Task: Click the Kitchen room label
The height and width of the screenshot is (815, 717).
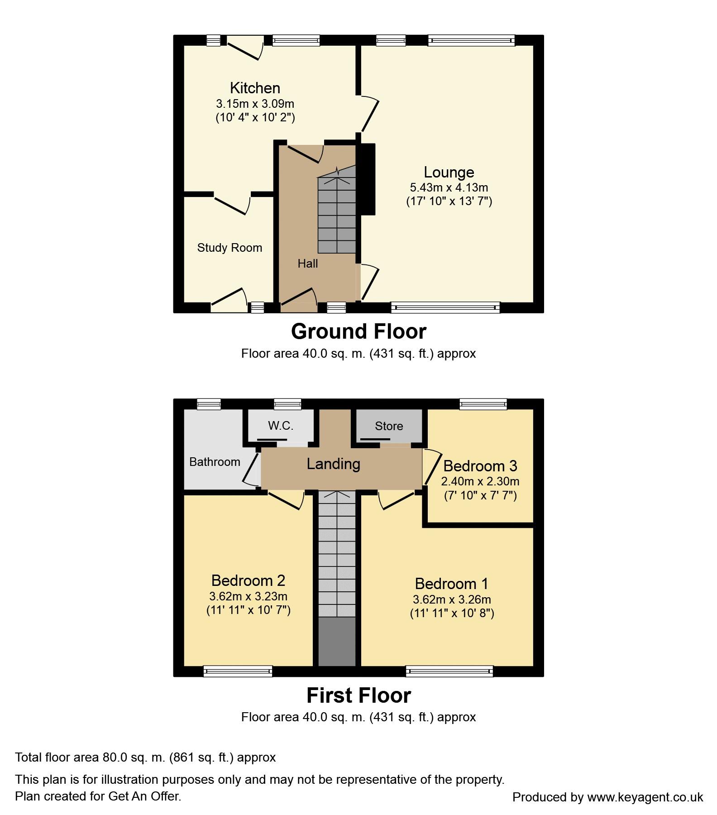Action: (255, 88)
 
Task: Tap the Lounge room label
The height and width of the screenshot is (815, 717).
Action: (449, 172)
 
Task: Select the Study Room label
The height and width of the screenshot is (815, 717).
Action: (229, 248)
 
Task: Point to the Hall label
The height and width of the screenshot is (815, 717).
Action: (307, 264)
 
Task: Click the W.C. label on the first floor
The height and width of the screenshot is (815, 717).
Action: (281, 426)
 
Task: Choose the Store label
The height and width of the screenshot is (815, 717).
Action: (388, 426)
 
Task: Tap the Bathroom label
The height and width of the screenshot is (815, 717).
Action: (215, 462)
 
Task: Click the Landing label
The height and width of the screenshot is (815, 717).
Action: (333, 464)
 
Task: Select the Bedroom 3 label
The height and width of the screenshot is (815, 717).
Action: (480, 466)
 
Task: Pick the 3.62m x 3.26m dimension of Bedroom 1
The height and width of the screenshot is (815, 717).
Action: (452, 599)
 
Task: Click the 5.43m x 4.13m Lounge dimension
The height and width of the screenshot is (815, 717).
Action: (449, 187)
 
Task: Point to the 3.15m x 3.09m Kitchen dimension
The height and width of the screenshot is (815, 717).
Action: (255, 104)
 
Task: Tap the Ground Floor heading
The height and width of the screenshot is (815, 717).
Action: (358, 331)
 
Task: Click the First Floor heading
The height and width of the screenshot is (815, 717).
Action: (358, 695)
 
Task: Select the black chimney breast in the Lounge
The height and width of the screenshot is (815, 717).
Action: (368, 179)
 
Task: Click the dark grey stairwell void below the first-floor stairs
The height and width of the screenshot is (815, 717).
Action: (337, 641)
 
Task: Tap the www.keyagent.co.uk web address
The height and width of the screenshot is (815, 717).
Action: (645, 797)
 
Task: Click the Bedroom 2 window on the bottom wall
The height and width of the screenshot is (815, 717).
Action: (238, 671)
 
